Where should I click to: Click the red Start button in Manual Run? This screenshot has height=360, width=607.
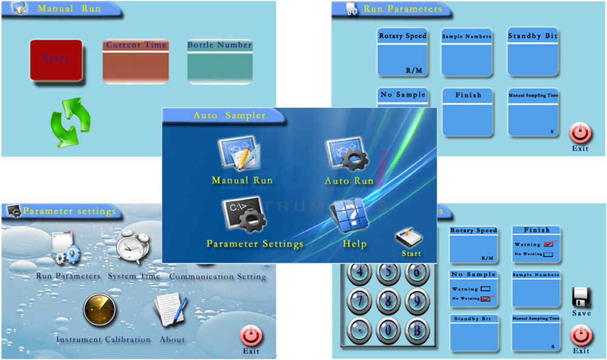[56, 59]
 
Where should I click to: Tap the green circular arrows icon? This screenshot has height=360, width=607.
[70, 123]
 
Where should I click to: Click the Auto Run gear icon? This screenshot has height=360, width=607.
[346, 156]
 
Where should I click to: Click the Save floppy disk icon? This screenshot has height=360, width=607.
[582, 297]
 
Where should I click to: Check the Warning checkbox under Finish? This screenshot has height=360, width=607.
[551, 243]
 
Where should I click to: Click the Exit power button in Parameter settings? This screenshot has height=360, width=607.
[251, 336]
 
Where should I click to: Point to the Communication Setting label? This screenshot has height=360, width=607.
[217, 277]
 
